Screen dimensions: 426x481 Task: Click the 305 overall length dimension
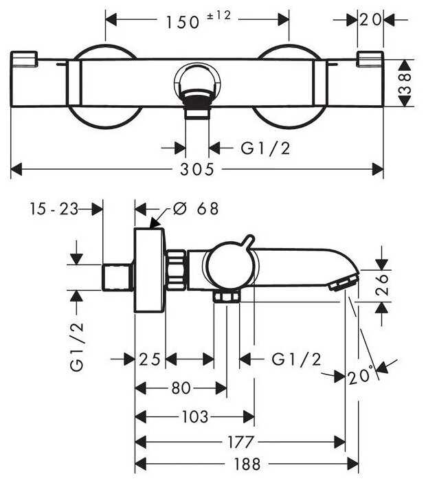(x=197, y=169)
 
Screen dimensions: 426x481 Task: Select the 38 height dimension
(x=405, y=83)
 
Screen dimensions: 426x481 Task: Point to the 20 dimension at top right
(x=370, y=20)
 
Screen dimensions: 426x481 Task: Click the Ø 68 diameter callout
(x=196, y=209)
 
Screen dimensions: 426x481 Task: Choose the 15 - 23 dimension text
(x=54, y=209)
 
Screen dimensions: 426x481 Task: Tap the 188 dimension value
(x=247, y=464)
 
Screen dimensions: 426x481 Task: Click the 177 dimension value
(x=240, y=442)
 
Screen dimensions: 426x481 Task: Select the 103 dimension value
(x=195, y=416)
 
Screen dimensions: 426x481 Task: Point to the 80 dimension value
(x=181, y=388)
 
